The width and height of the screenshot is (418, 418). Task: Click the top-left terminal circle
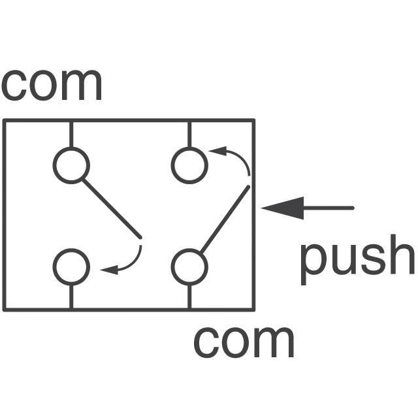(x=71, y=165)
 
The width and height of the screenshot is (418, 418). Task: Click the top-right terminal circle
(x=189, y=165)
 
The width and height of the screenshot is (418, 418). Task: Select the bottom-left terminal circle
(x=71, y=267)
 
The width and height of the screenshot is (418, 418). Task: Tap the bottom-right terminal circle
(x=189, y=267)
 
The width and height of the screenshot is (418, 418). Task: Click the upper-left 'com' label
(x=52, y=84)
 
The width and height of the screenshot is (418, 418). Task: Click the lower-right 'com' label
(x=244, y=342)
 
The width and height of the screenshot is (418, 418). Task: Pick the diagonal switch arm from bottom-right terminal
(x=225, y=219)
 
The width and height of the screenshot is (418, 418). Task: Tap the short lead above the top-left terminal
(x=71, y=134)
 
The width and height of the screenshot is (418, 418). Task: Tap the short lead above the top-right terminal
(x=189, y=134)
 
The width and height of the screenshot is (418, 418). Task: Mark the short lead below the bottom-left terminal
(x=71, y=297)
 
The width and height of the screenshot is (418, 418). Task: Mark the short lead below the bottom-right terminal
(x=189, y=297)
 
